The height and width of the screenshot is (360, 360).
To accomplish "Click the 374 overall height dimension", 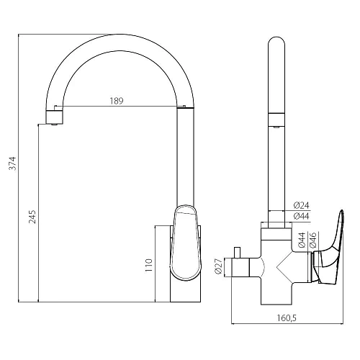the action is pos(12,163).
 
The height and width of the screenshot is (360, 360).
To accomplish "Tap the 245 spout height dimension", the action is pos(32,217).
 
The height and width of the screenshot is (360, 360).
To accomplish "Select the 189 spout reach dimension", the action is pos(117,101).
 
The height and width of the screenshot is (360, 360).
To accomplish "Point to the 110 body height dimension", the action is pos(149,265).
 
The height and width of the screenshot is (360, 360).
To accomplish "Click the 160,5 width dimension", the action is pos(287,318).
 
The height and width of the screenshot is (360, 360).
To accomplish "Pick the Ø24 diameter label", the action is pos(302,205).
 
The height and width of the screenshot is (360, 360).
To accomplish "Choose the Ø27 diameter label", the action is pos(218,266).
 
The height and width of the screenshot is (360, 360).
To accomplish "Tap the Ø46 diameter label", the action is pos(313,240).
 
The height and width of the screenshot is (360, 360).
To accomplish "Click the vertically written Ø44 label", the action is pos(302,240).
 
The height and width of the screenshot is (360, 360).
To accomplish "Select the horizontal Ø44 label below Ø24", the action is pos(302,216).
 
